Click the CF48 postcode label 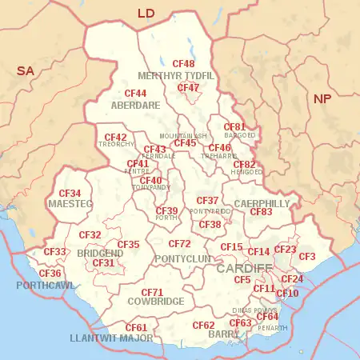point(184,63)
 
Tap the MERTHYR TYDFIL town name point(176,76)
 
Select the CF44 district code point(135,94)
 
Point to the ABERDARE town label point(134,105)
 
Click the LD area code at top point(146,14)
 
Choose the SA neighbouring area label point(26,71)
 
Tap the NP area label point(322,98)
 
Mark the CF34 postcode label point(70,194)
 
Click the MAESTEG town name point(70,205)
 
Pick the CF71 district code point(152,292)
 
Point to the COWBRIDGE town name point(155,302)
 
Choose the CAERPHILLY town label point(262,204)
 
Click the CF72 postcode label point(179,243)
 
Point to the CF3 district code point(307,256)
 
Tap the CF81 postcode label point(234,126)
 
